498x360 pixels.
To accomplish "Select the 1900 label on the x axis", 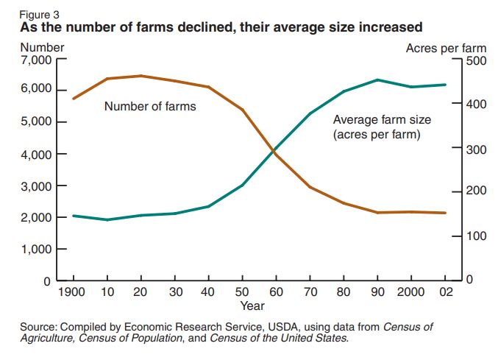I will pyautogui.click(x=73, y=292).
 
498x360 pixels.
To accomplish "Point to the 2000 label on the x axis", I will pyautogui.click(x=410, y=292).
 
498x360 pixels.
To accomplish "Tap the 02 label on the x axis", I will pyautogui.click(x=444, y=292).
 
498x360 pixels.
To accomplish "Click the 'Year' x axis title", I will pyautogui.click(x=252, y=305).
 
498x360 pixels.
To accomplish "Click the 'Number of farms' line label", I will pyautogui.click(x=150, y=106).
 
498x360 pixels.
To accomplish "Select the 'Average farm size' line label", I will pyautogui.click(x=382, y=119).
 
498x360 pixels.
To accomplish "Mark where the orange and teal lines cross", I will pyautogui.click(x=274, y=152).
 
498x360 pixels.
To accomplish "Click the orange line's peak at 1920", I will pyautogui.click(x=140, y=76).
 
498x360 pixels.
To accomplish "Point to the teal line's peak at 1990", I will pyautogui.click(x=377, y=80).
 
